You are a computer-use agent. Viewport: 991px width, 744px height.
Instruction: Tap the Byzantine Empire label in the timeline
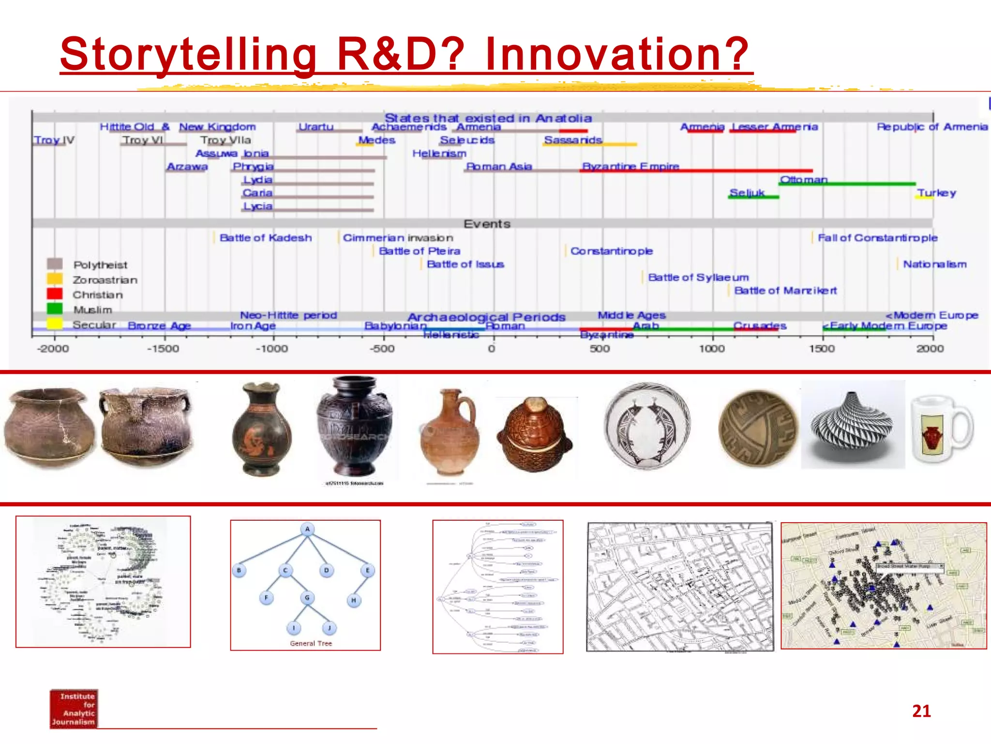(x=631, y=166)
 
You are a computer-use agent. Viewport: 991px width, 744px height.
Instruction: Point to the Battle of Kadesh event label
(x=265, y=238)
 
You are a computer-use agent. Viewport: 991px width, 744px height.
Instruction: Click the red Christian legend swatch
(x=55, y=294)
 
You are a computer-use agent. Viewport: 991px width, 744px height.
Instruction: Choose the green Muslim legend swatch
(x=55, y=309)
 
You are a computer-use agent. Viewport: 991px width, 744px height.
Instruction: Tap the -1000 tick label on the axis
(x=271, y=349)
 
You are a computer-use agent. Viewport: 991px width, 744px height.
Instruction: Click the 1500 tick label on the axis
(x=822, y=349)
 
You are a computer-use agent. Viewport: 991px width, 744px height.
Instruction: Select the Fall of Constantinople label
(x=877, y=238)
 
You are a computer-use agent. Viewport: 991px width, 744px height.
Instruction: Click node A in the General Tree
(x=307, y=529)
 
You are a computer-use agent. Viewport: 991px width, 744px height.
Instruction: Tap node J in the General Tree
(x=329, y=628)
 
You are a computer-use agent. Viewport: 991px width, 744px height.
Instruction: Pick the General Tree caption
(x=311, y=643)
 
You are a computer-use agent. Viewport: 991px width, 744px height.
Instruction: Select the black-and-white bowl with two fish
(x=647, y=426)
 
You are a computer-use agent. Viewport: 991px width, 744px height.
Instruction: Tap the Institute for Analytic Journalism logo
(x=74, y=709)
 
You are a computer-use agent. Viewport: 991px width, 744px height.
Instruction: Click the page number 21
(x=921, y=711)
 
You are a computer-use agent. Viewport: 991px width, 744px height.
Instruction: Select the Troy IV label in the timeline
(x=54, y=140)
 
